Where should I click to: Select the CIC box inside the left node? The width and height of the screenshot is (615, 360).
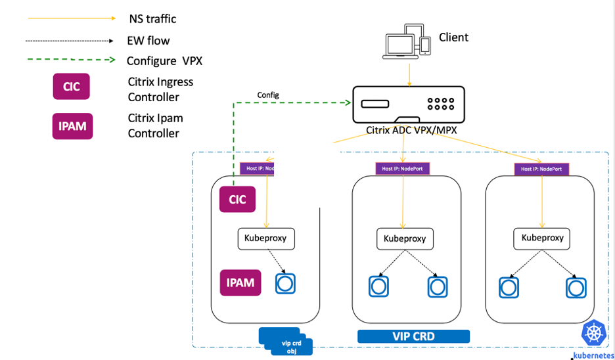click(237, 199)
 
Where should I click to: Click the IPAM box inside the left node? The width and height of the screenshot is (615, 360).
click(240, 282)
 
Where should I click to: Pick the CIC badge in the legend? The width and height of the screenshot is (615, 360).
click(71, 87)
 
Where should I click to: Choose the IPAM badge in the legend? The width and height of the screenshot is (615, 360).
click(72, 125)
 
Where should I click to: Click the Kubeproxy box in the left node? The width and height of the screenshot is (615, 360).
click(265, 238)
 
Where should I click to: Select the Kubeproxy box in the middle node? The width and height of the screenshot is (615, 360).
click(405, 238)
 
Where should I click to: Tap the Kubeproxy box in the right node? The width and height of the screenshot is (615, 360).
click(542, 238)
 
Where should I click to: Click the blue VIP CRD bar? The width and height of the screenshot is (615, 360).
click(413, 336)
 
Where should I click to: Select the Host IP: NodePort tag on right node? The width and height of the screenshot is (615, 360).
click(541, 169)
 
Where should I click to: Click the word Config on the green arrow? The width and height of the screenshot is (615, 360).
click(267, 95)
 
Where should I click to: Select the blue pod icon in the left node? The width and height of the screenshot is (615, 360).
click(285, 283)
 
